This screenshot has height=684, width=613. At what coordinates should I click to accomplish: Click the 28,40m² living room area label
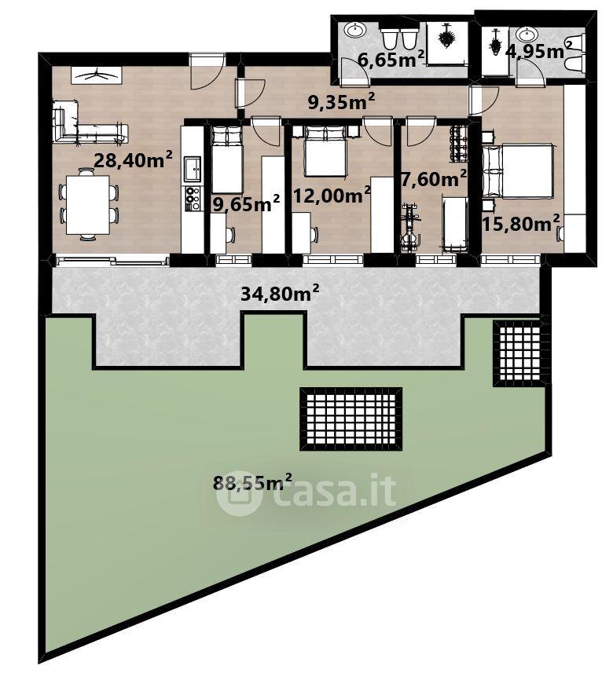(133, 159)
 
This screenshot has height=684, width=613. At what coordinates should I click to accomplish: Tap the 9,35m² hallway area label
(341, 102)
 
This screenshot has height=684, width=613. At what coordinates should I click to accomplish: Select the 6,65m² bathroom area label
(391, 59)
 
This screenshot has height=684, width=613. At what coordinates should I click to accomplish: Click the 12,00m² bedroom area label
(332, 195)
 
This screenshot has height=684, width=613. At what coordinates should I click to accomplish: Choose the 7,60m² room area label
(434, 178)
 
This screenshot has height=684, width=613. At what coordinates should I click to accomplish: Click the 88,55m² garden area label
(252, 482)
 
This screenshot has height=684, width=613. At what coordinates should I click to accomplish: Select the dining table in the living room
(88, 204)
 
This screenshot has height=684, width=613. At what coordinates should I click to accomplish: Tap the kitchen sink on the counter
(193, 169)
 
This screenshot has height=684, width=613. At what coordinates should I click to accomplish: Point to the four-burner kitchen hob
(193, 199)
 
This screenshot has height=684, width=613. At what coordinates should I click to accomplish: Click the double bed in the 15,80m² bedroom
(517, 170)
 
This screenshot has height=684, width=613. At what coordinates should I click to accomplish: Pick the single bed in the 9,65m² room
(226, 159)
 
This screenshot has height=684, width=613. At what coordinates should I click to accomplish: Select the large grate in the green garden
(351, 419)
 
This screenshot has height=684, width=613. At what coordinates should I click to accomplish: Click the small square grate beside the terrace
(519, 353)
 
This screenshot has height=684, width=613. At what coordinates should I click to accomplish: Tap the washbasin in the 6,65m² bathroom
(356, 31)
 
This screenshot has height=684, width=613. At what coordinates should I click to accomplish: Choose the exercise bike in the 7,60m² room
(410, 228)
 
